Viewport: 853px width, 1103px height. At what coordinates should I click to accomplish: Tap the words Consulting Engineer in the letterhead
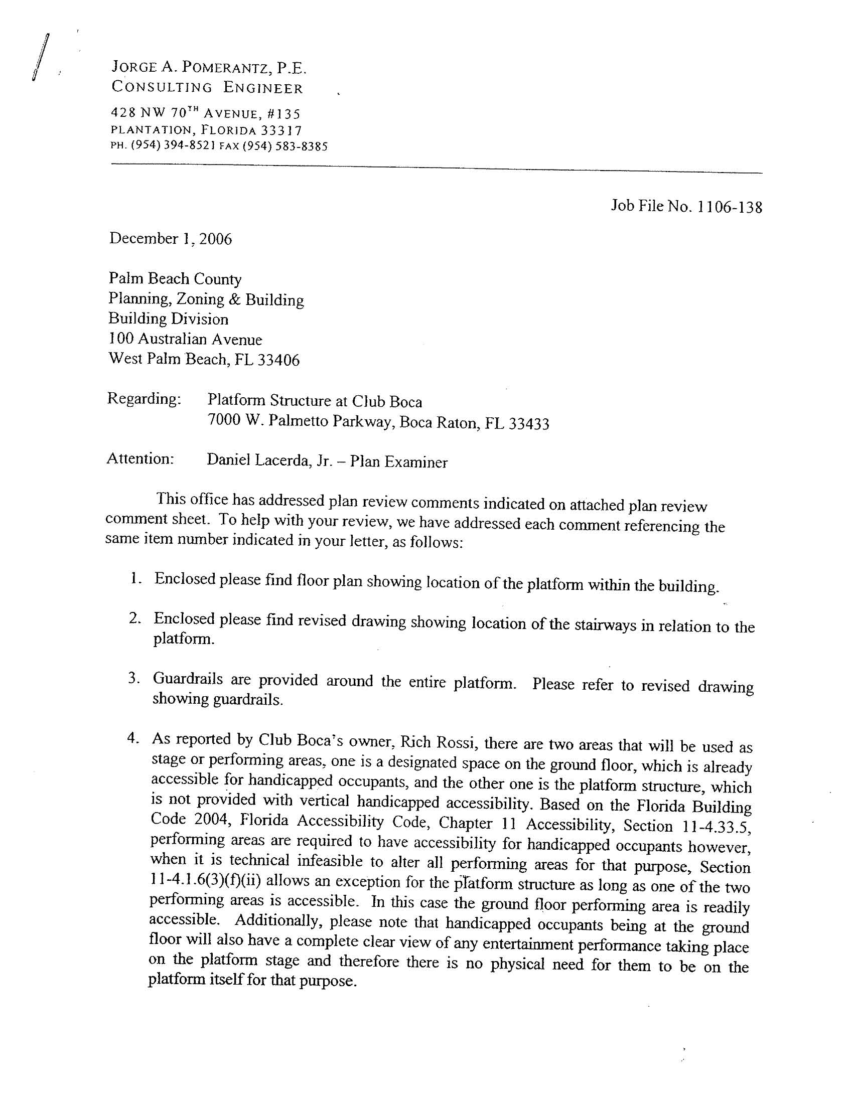pos(207,88)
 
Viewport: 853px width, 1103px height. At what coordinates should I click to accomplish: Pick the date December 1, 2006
pos(170,239)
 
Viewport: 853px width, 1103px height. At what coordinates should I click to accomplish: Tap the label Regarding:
pos(144,399)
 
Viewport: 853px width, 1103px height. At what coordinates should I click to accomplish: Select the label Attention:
pos(140,459)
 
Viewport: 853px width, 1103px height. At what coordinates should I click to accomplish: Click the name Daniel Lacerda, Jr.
pos(268,461)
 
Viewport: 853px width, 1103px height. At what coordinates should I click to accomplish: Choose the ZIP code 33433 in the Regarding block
pos(528,424)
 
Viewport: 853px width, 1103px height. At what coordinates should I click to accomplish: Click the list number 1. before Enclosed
pos(134,579)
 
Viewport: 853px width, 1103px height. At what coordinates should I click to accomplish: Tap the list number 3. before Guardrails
pos(133,678)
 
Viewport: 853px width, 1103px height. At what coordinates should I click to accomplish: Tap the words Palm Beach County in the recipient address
pos(175,279)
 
